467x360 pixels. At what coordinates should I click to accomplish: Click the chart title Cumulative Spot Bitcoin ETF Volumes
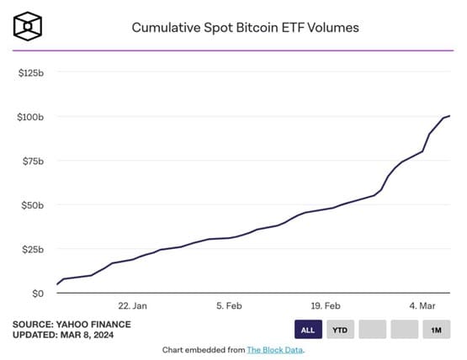[245, 28]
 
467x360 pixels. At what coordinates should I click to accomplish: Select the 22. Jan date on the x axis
[133, 306]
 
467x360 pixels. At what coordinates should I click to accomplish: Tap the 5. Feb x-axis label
[229, 306]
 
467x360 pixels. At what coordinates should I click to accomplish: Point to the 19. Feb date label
[326, 306]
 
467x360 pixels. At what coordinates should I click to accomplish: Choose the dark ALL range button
[308, 329]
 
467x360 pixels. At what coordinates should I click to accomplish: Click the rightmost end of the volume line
[450, 116]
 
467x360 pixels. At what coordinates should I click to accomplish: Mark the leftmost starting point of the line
[57, 284]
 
